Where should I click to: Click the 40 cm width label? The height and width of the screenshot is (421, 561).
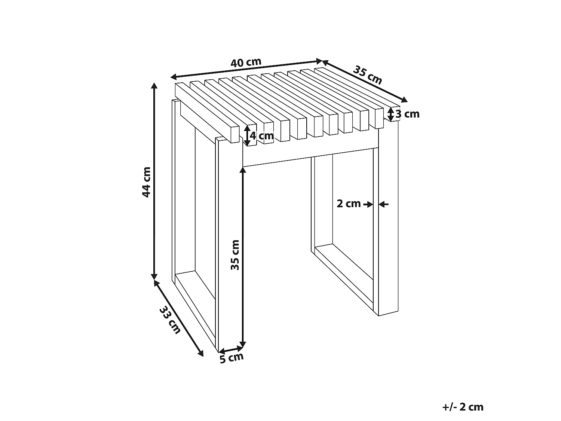coord(246,62)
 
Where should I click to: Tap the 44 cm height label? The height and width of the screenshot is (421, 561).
coord(147,182)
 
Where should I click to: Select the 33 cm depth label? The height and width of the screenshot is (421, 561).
coord(170,320)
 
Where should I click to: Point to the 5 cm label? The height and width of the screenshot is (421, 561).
coord(232,358)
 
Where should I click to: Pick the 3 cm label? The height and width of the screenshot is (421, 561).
coord(407,114)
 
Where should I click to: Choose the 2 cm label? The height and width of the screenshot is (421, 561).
coord(349,204)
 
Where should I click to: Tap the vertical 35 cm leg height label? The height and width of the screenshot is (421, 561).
coord(235,255)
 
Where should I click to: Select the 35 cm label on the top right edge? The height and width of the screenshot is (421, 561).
coord(368,75)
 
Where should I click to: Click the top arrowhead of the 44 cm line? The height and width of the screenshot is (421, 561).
coord(154,85)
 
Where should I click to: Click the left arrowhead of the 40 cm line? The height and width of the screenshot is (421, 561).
coord(174,76)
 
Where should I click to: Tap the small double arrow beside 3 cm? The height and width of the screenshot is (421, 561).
coord(391,114)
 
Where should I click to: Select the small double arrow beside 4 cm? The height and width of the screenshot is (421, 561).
coord(247,136)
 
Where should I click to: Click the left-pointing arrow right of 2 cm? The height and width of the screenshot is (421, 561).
coord(384,204)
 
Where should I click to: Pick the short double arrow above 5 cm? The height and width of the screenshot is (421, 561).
coord(231,349)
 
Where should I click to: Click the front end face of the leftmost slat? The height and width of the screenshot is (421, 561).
coord(235,134)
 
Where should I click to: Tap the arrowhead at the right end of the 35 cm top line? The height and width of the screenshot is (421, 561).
coord(404,100)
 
